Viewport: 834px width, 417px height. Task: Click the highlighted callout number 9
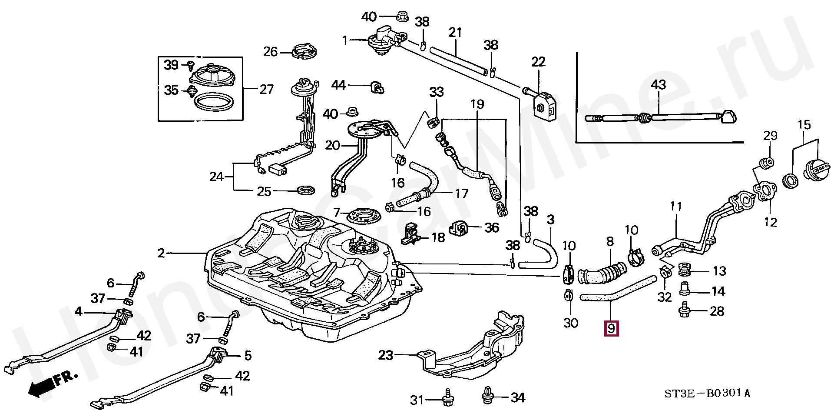[x=611, y=328]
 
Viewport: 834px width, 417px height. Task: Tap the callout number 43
[x=658, y=84]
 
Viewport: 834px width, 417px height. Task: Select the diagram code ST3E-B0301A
[x=707, y=394]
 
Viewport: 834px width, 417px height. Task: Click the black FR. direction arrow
[x=42, y=387]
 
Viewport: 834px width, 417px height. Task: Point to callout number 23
[x=385, y=355]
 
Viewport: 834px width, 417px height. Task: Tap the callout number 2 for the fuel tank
[x=161, y=253]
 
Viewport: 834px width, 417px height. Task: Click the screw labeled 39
[x=190, y=65]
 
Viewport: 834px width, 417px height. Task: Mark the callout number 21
[x=455, y=32]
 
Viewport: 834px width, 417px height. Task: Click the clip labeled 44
[x=377, y=87]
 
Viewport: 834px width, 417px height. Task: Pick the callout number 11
[x=675, y=207]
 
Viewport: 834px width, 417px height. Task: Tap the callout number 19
[x=477, y=104]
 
